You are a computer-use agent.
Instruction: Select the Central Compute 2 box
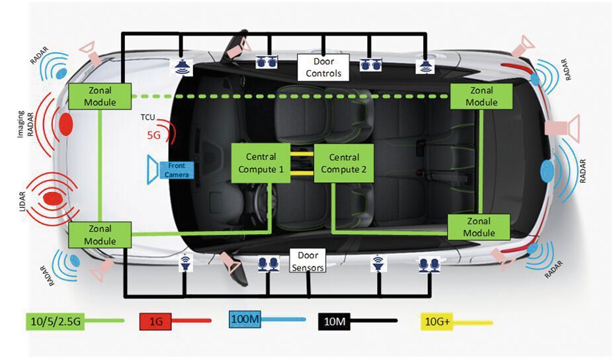pos(344,163)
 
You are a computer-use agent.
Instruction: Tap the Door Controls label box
pos(323,66)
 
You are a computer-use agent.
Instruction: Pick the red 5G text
pos(153,135)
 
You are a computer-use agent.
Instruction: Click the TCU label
pos(148,118)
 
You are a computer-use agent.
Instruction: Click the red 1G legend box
pos(156,321)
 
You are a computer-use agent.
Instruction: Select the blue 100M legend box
pos(245,319)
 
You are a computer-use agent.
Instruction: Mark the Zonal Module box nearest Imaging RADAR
pos(101,96)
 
